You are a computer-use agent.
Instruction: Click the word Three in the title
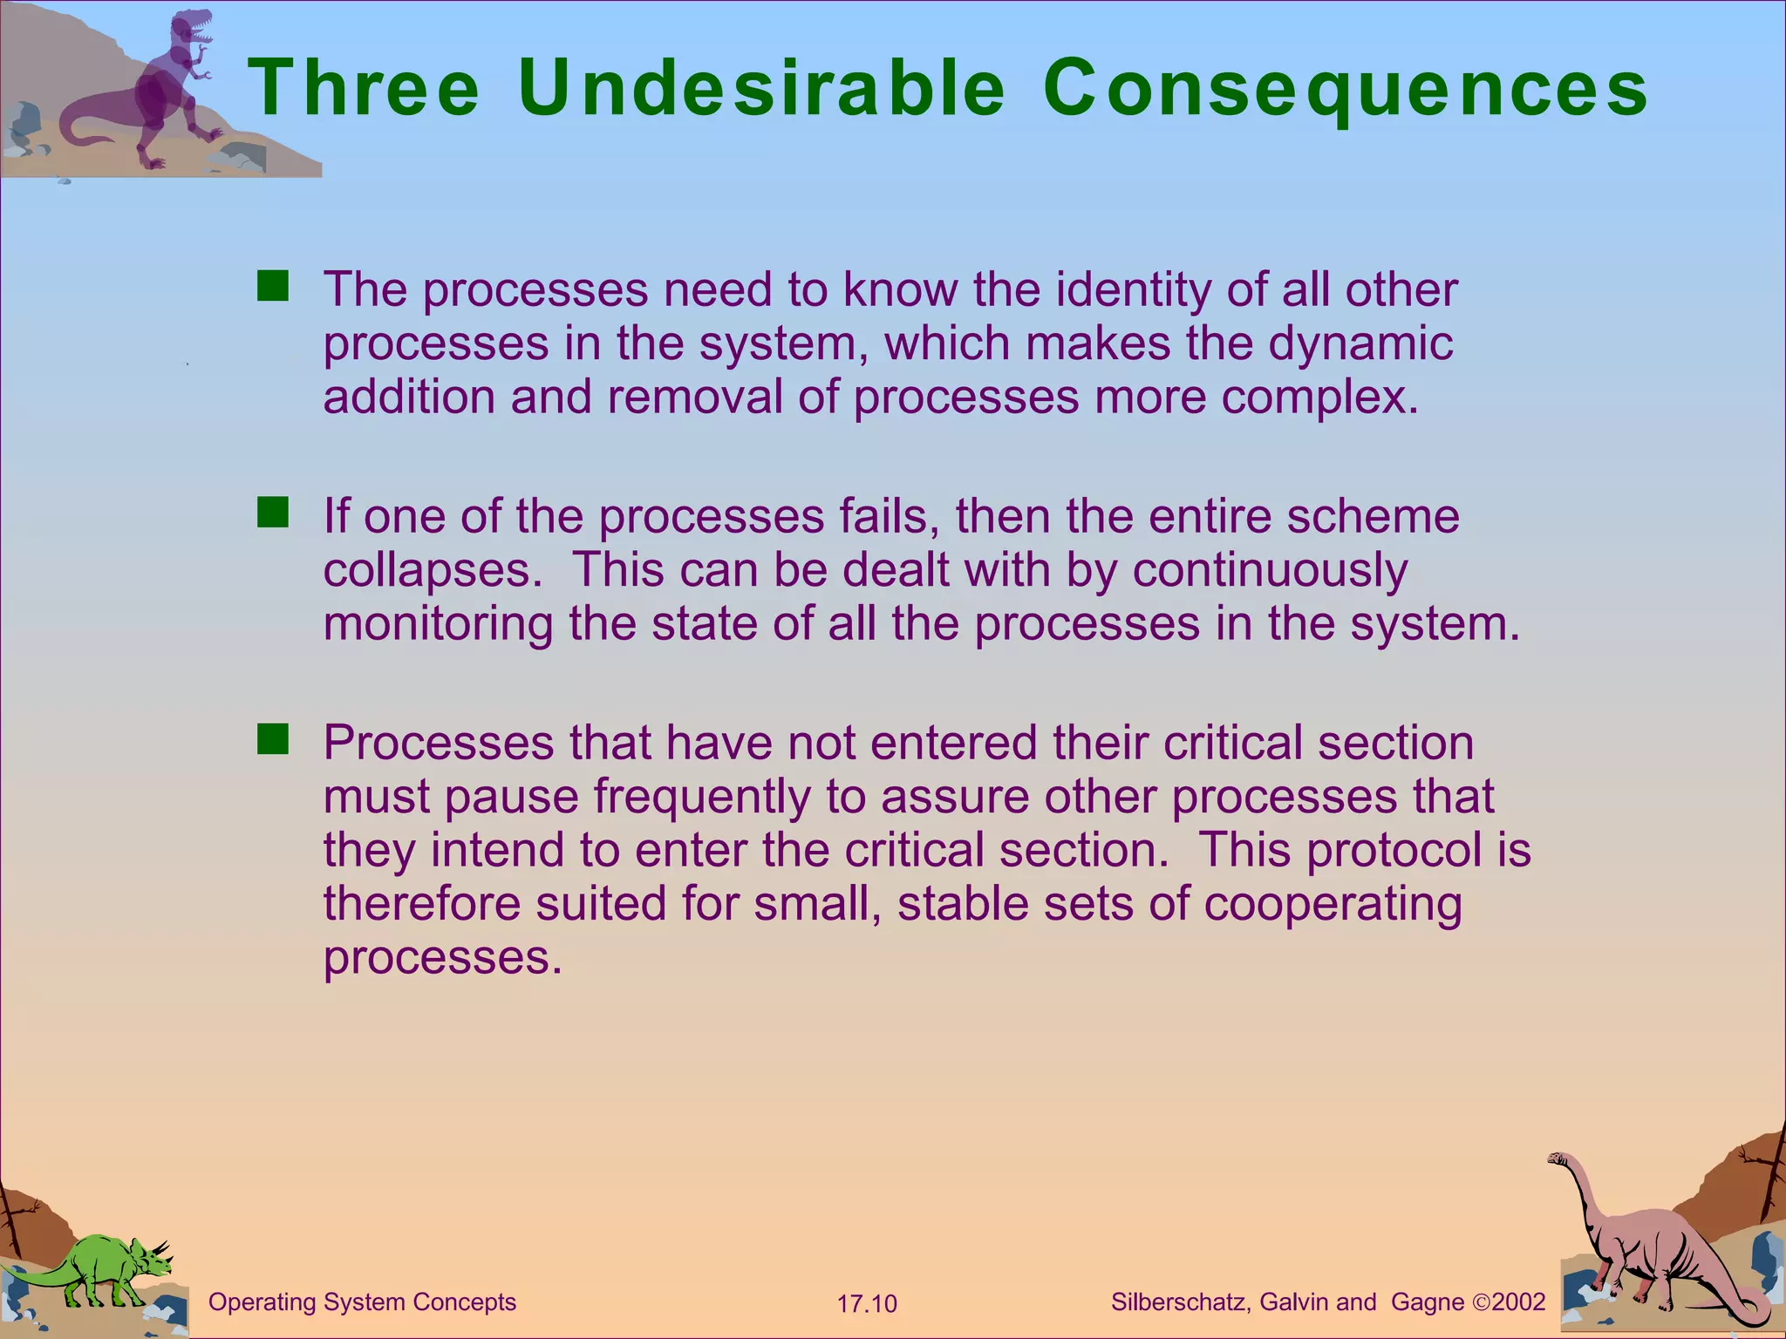tap(364, 88)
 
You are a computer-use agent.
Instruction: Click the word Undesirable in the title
tap(761, 88)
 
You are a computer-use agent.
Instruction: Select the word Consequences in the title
tap(1345, 90)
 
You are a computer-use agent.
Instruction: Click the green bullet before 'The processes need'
tap(272, 287)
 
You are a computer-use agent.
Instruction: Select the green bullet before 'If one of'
tap(272, 513)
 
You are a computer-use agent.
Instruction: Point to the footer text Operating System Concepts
tap(363, 1302)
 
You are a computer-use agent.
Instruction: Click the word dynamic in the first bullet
tap(1360, 343)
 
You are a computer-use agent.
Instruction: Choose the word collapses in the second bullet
tap(427, 570)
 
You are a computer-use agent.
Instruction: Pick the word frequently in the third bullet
tap(702, 797)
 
